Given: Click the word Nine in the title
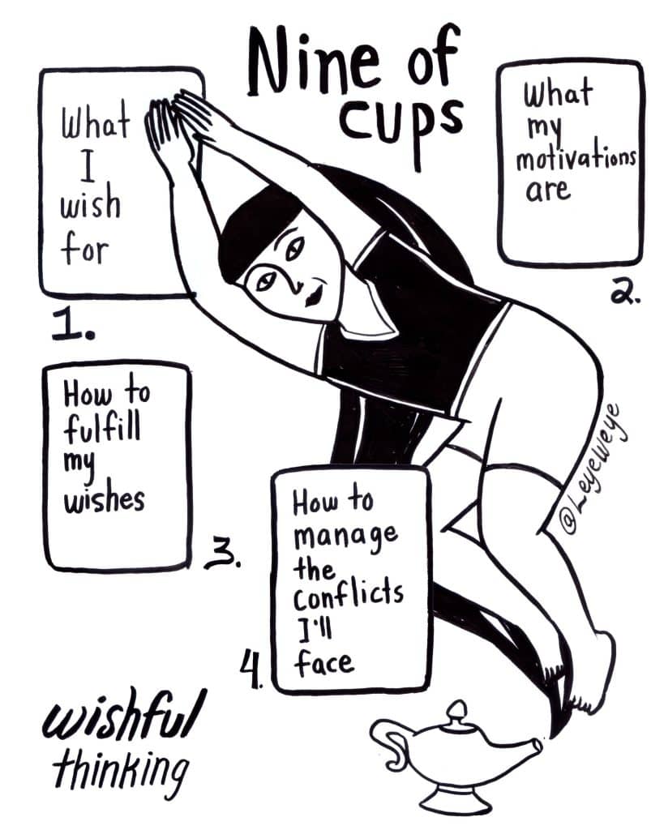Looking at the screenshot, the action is pos(312,63).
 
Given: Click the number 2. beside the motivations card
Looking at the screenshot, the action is pos(625,291).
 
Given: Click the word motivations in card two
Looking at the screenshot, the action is pos(576,158).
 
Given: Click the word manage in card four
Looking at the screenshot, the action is pos(345,538).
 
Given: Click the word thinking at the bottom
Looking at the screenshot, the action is pos(121,771).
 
